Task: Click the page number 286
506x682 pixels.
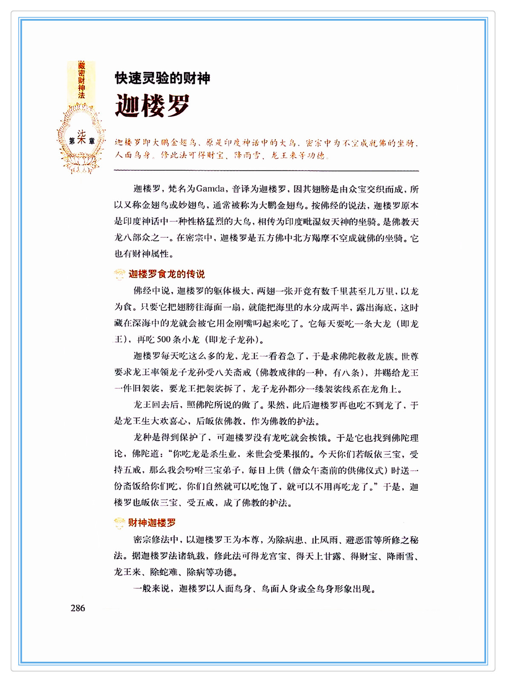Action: click(78, 608)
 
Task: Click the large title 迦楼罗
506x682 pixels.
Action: click(152, 106)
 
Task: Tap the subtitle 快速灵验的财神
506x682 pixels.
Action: click(162, 78)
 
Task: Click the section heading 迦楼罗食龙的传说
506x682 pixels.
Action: click(167, 274)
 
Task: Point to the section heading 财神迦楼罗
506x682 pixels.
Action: click(152, 523)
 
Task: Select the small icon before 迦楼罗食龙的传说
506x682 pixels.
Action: click(120, 274)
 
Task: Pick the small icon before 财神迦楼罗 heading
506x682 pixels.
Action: click(120, 523)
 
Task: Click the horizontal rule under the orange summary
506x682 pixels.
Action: click(266, 171)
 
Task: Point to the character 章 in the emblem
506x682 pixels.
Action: click(92, 141)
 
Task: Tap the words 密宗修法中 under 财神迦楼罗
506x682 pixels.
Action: click(155, 540)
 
